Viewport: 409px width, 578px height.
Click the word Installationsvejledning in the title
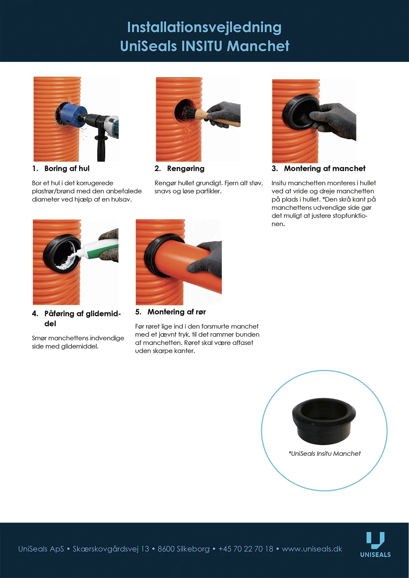(204, 28)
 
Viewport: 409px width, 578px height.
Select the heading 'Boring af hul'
(67, 169)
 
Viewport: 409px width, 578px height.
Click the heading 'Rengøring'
(186, 169)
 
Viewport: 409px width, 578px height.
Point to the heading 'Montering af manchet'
(324, 169)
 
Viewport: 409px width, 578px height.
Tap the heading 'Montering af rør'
(177, 312)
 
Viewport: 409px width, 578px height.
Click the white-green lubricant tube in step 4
(98, 249)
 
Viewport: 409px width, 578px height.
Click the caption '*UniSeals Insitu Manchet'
(324, 453)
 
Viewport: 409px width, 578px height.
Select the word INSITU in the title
(202, 46)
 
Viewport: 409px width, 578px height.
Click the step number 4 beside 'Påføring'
(35, 314)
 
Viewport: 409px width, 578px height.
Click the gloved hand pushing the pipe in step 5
(206, 259)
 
